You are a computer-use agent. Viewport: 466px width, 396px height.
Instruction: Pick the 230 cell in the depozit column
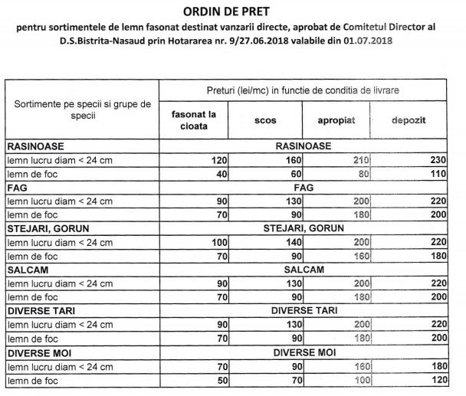435,160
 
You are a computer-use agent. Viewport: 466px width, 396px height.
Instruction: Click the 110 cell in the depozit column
435,174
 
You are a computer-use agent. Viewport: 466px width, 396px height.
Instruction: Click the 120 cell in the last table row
435,380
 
